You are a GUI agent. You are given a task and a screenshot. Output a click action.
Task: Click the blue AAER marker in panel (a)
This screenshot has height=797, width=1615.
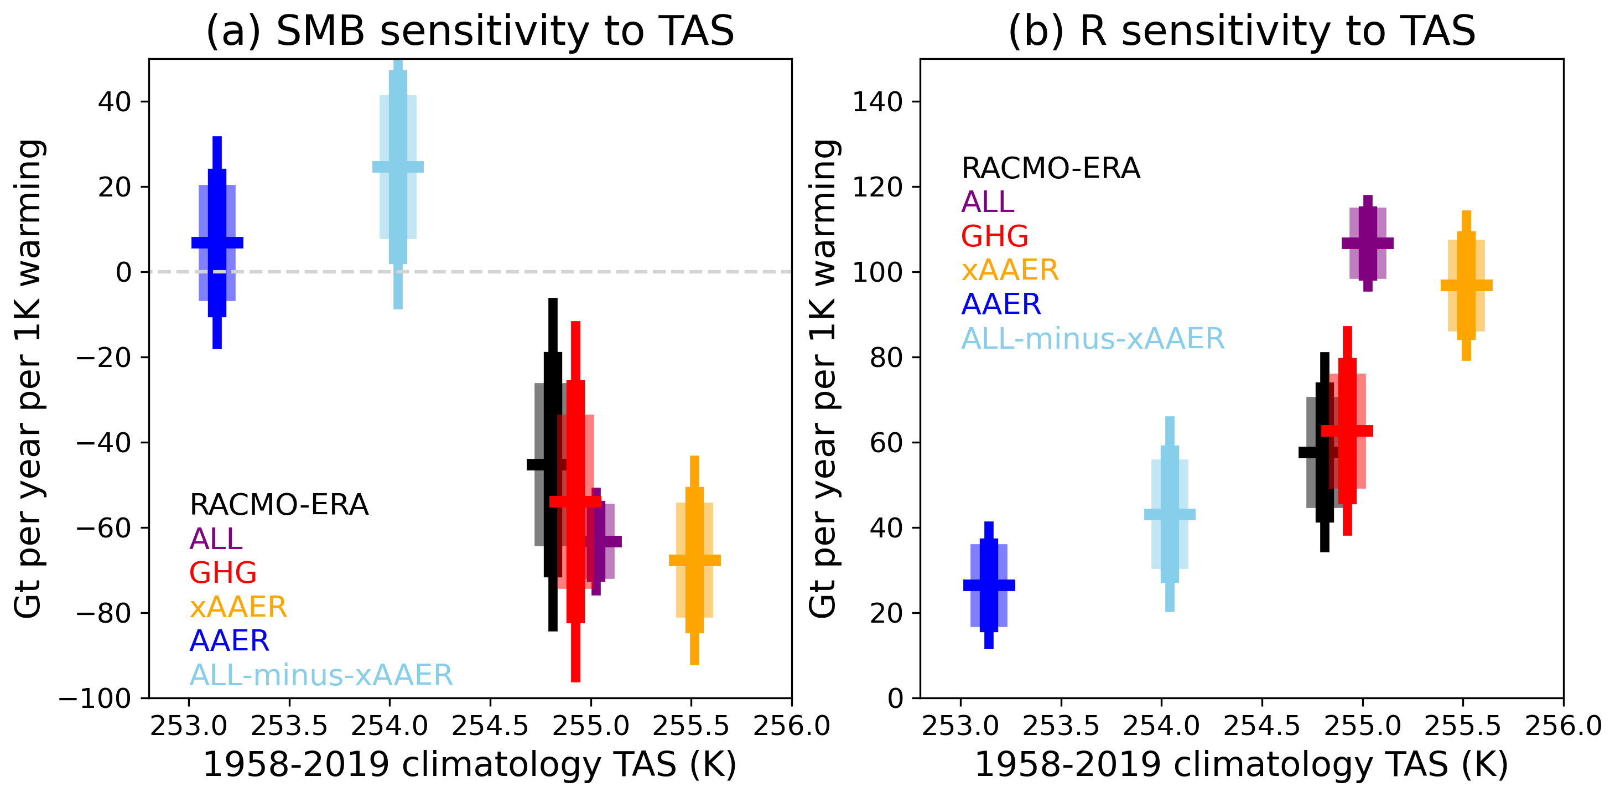[x=217, y=242]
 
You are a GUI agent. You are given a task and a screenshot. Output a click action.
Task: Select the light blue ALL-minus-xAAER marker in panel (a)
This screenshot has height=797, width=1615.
[x=397, y=167]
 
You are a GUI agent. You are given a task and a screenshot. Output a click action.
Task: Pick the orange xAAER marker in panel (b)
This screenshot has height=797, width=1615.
[x=1466, y=285]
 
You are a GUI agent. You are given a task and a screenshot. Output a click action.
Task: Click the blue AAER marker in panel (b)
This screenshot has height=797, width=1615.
[x=989, y=585]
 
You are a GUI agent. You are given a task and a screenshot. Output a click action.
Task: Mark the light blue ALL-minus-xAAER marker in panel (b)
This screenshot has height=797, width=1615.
[x=1170, y=514]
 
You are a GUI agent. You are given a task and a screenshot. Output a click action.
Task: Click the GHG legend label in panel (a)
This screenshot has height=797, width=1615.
[x=222, y=572]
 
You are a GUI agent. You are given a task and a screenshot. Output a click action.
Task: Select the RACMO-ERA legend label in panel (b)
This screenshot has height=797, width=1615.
[x=1051, y=168]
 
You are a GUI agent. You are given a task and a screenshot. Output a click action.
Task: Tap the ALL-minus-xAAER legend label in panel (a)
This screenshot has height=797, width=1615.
[x=321, y=675]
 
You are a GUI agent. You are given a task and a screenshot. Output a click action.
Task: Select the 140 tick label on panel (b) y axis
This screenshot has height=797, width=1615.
[x=876, y=102]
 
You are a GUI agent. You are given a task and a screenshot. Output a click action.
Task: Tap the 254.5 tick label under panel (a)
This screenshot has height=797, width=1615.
[x=490, y=726]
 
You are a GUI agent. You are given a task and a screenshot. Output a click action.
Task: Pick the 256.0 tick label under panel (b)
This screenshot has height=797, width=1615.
[x=1563, y=726]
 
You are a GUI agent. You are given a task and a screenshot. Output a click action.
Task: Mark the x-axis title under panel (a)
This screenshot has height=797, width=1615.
[x=470, y=765]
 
